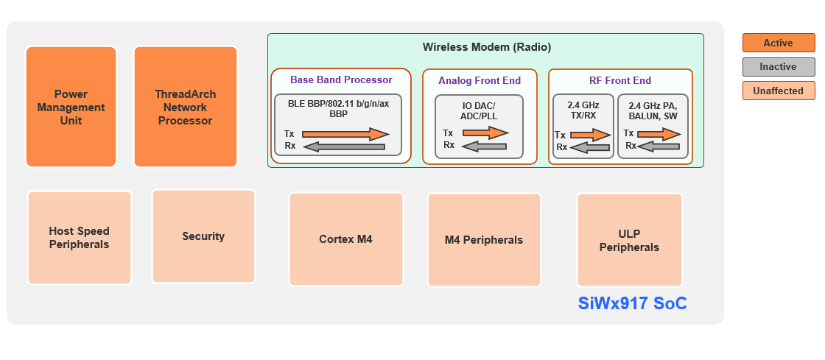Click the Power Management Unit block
pos(71,107)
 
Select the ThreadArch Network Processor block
pos(185,107)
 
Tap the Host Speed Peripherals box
pos(79,238)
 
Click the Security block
pos(203,236)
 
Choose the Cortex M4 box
pos(345,239)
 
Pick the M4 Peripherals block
pos(484,240)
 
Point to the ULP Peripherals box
pos(629,241)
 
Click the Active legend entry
pos(778,43)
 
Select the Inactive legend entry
pos(778,67)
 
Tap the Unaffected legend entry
pos(778,91)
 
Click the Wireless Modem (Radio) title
pos(486,47)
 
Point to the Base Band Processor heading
pos(341,80)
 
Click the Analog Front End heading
pos(479,80)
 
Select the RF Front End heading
pos(620,80)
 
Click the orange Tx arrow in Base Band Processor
pos(345,134)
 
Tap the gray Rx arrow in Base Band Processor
pos(344,147)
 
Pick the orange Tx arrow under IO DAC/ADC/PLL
pos(484,133)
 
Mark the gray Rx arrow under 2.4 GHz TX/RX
pos(590,147)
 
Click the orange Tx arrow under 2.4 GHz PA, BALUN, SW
pos(659,134)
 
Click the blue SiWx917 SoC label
pos(633,303)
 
